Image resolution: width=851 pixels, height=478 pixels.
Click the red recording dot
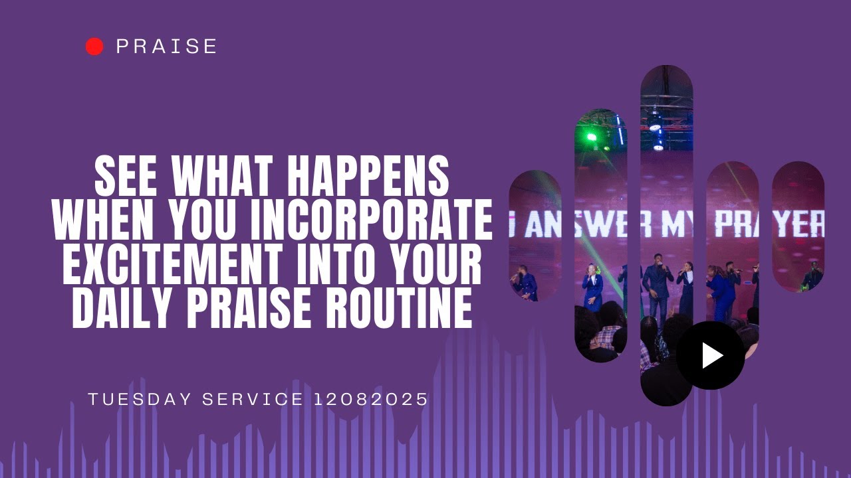94,46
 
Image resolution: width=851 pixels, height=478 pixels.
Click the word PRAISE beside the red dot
166,46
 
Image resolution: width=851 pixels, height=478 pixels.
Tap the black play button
710,355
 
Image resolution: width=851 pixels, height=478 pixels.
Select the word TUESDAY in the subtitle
140,400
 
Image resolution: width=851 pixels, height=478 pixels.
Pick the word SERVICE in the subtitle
253,400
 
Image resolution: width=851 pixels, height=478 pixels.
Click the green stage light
591,137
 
